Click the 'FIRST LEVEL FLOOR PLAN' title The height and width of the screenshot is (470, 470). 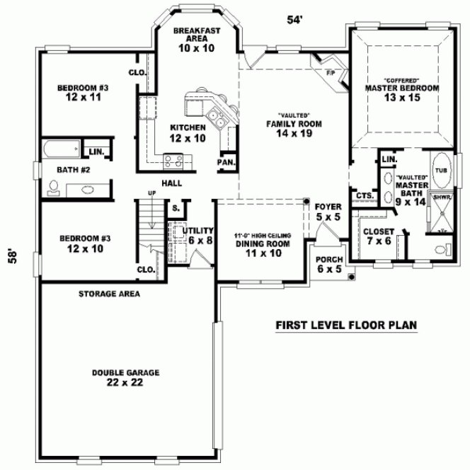345,326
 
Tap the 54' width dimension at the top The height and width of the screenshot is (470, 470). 294,20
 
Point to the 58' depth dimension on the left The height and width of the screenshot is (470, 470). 12,256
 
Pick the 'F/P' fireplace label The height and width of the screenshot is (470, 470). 330,73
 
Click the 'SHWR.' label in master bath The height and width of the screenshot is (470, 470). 442,198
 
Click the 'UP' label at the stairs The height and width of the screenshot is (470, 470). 151,193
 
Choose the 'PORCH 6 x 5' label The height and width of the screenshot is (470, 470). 329,264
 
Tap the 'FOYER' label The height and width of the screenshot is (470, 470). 328,207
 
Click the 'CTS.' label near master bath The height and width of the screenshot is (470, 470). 365,195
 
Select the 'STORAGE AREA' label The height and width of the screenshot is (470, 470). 109,293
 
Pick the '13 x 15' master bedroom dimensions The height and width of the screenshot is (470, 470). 402,98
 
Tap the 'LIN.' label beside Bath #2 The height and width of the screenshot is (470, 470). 96,151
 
